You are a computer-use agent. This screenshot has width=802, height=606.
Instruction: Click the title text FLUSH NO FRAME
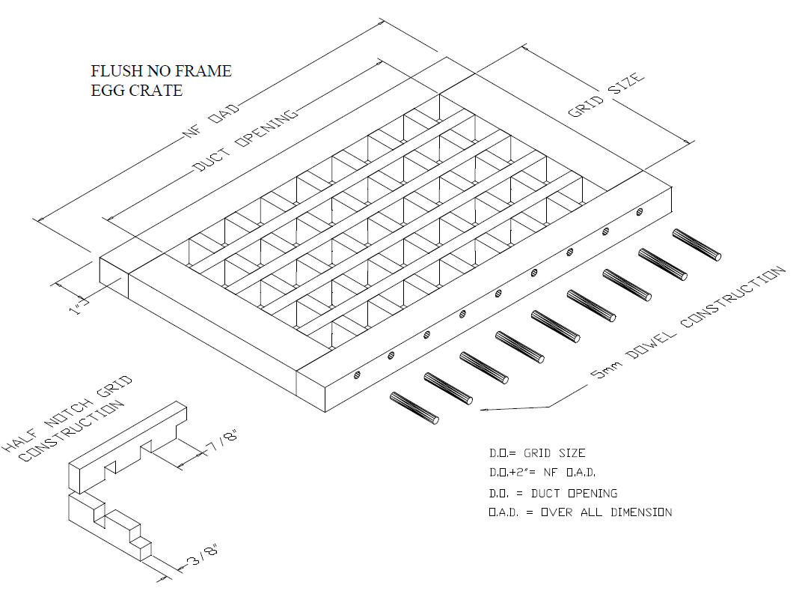point(161,70)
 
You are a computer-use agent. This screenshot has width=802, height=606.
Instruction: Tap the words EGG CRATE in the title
point(137,90)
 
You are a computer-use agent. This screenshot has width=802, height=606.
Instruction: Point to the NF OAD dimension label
point(211,121)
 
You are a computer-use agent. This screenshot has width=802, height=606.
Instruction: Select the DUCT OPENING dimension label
point(245,140)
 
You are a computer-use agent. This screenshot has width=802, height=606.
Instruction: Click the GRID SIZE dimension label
point(606,95)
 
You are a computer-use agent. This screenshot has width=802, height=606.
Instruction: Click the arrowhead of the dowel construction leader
point(483,410)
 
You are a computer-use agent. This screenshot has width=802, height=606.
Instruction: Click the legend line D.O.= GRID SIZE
point(537,453)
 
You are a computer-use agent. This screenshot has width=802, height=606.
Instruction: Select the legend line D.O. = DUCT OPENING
point(553,494)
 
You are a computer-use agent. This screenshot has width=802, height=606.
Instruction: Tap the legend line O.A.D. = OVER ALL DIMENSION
point(580,512)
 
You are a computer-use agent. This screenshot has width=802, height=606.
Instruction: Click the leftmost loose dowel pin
point(414,408)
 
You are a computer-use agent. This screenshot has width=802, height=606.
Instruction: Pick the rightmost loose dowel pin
point(697,244)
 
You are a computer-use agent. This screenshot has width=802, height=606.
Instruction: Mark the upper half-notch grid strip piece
point(128,446)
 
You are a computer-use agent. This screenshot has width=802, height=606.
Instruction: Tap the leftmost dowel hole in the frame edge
point(357,375)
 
